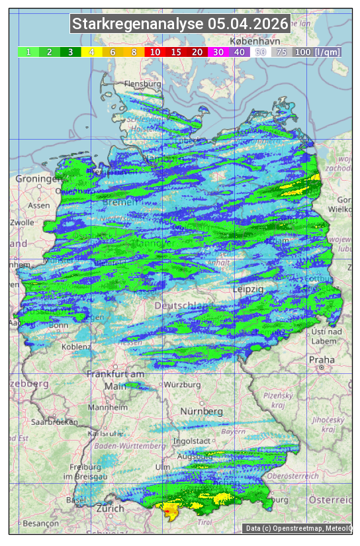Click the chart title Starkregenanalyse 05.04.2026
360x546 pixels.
[180, 24]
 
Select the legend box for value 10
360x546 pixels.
[155, 52]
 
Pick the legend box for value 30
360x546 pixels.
[218, 52]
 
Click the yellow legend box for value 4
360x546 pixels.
[92, 52]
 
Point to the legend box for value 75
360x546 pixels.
[281, 52]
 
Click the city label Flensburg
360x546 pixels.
[142, 85]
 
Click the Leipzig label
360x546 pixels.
[248, 289]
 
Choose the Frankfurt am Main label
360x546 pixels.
[115, 380]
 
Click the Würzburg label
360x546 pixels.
[182, 385]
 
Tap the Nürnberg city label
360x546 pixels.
[201, 411]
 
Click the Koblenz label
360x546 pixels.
[75, 347]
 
